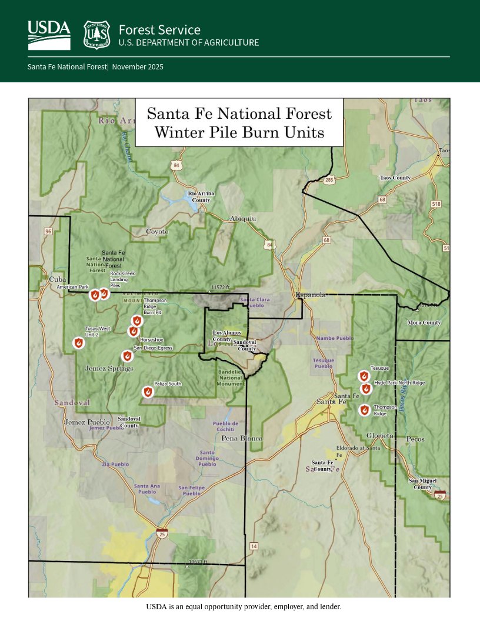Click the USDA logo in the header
(49, 35)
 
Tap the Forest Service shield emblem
(96, 35)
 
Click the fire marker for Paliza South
(148, 392)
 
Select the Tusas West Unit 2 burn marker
(78, 343)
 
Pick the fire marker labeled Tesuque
(364, 376)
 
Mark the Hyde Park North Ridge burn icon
(366, 388)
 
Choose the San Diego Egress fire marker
(126, 356)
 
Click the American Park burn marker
(95, 295)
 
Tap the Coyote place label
(157, 232)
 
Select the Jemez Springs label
(109, 369)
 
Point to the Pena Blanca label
(242, 439)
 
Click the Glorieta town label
(379, 435)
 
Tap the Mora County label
(424, 323)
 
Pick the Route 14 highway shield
(254, 546)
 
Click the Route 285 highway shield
(329, 179)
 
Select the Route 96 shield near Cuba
(48, 232)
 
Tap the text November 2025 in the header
(138, 67)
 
